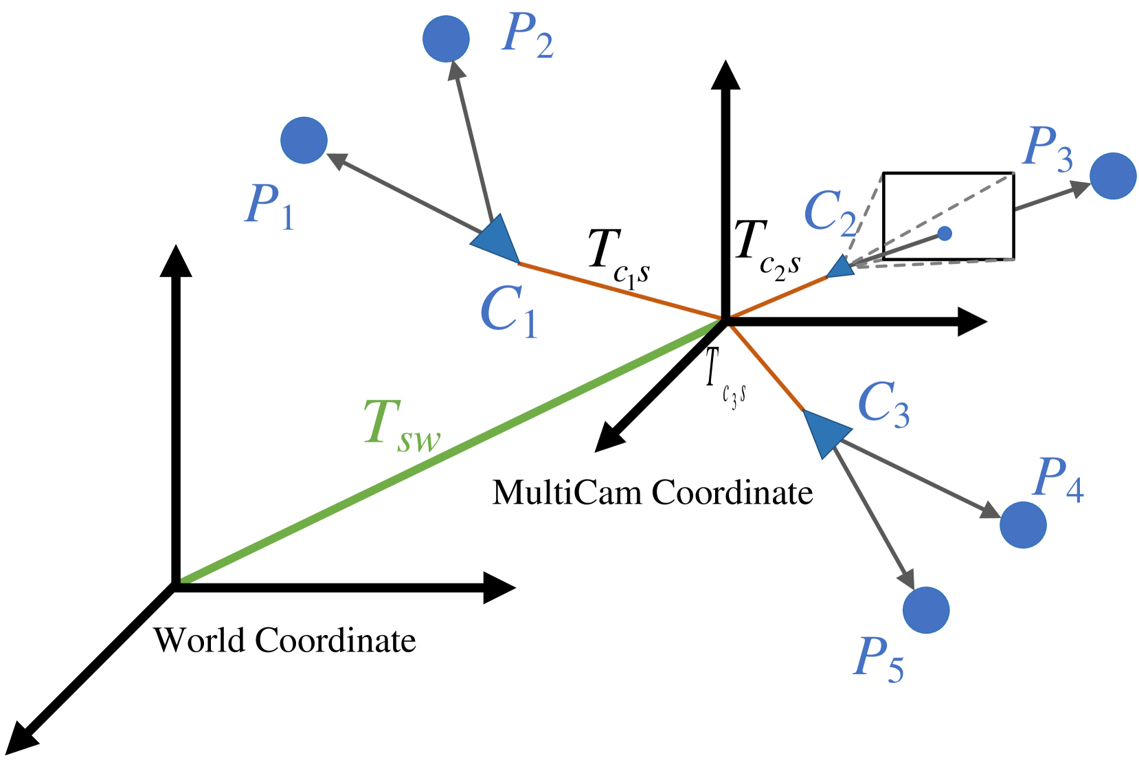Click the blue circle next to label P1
pos(304,140)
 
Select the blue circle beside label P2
pos(446,39)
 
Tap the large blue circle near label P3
pos(1113,176)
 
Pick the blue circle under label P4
pos(1023,524)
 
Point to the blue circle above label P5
pos(926,610)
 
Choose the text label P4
pos(1059,480)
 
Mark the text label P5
pos(879,659)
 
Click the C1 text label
pos(509,311)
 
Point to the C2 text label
pos(831,212)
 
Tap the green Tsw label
pos(401,425)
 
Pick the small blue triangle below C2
pos(842,267)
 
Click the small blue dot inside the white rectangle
pos(945,234)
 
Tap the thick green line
pos(447,454)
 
